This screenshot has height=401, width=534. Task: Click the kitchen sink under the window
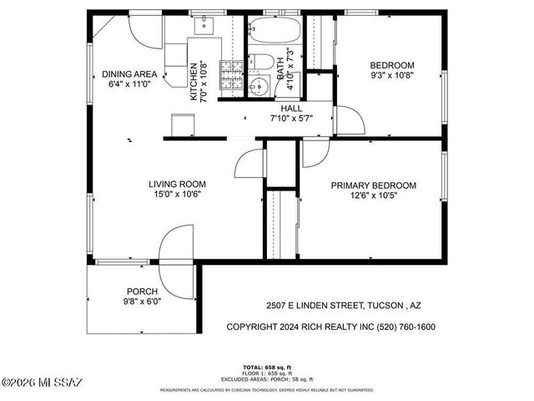coord(204,28)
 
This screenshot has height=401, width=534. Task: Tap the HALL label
coord(291,109)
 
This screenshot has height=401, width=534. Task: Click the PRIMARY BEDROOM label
coord(373,185)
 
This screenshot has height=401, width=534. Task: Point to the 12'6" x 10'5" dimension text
coord(373,196)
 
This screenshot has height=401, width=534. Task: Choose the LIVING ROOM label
coord(177,184)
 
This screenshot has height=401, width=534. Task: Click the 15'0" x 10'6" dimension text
coord(177,195)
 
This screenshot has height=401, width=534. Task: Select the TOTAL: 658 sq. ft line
coord(267,368)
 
